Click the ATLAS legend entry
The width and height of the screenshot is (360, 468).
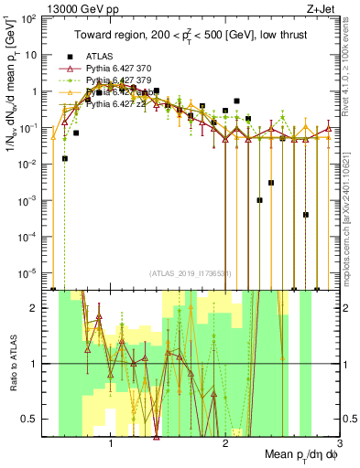(98, 57)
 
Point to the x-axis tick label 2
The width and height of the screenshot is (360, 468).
(225, 442)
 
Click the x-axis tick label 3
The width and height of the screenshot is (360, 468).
(339, 442)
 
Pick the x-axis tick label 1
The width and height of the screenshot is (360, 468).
(111, 442)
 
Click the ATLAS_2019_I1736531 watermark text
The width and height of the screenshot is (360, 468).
(189, 273)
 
